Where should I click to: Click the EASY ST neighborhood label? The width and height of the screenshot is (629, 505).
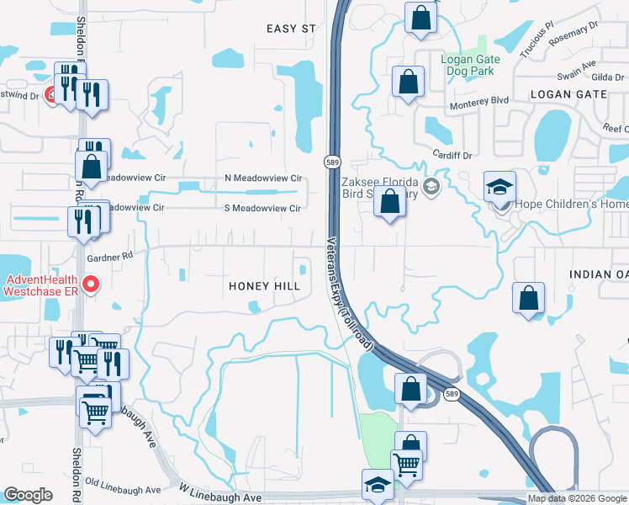(x=291, y=29)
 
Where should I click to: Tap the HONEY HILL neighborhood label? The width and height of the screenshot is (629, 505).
(x=265, y=286)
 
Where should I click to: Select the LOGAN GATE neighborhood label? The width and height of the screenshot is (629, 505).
(x=568, y=94)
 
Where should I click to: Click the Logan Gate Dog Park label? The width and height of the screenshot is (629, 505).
(x=471, y=66)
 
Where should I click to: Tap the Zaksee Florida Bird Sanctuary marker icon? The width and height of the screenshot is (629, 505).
(x=432, y=187)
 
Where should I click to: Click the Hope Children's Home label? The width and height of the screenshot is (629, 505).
(x=566, y=205)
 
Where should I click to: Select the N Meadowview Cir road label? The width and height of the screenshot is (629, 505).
(x=263, y=178)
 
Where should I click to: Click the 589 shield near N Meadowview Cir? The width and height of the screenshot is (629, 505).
(x=332, y=161)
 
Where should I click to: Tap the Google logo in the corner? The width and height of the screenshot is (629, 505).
(x=28, y=495)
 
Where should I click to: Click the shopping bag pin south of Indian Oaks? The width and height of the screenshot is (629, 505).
(x=528, y=298)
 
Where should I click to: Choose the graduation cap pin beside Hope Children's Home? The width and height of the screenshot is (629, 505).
(x=499, y=187)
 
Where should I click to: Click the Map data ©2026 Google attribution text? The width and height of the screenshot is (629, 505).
(x=577, y=498)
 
